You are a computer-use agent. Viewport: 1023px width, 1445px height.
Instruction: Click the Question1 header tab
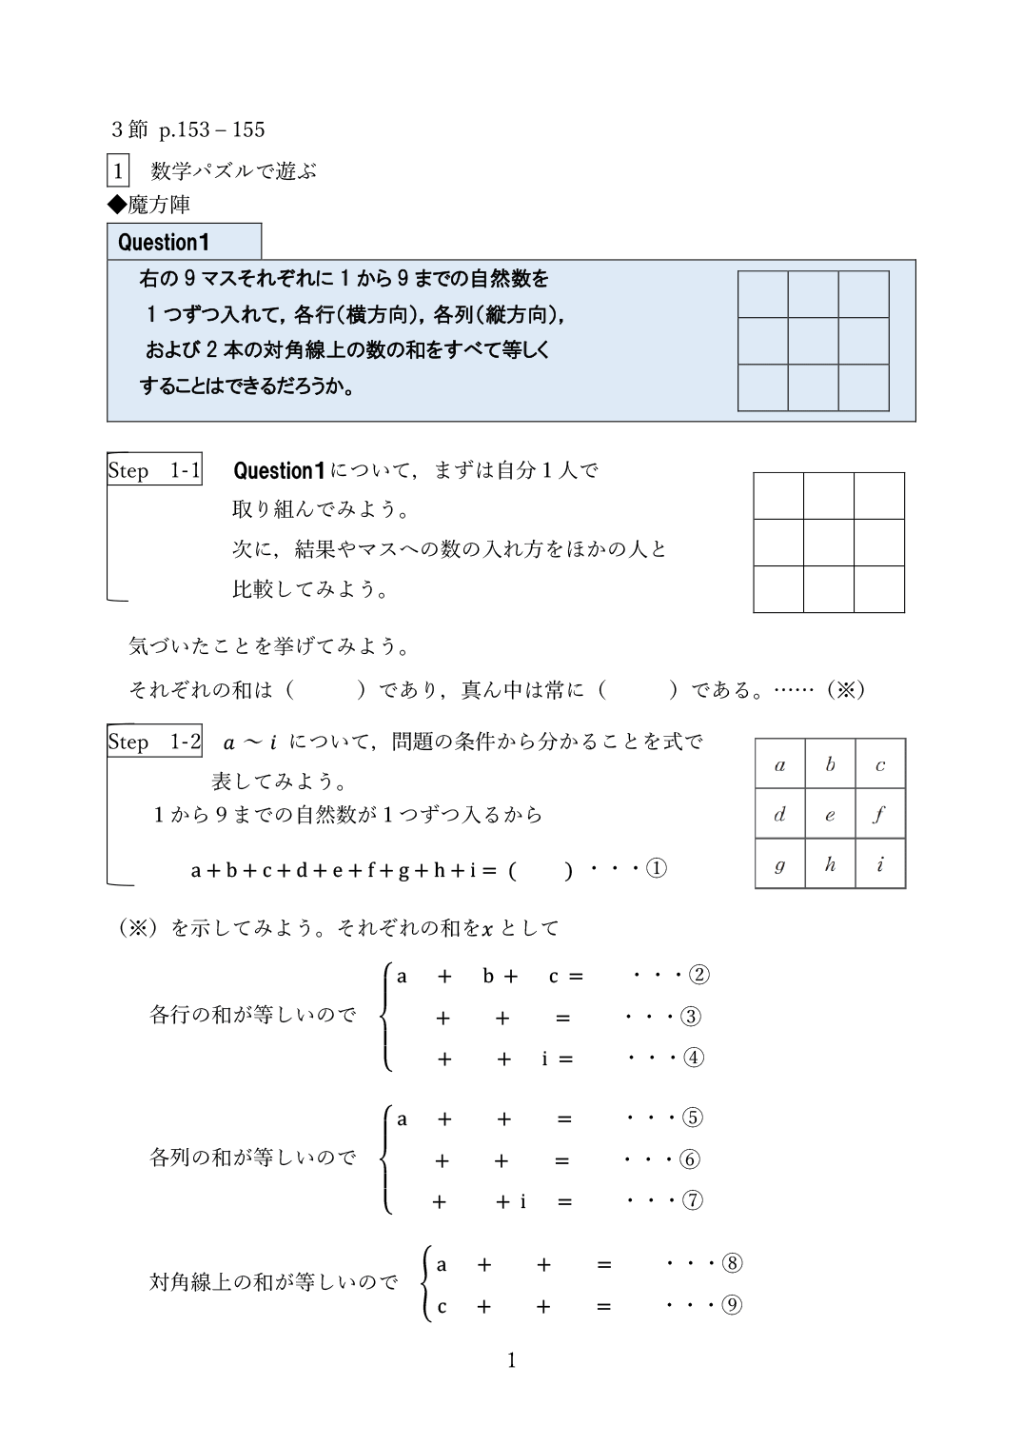click(x=184, y=242)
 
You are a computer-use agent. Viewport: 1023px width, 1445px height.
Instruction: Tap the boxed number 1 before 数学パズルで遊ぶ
click(x=118, y=171)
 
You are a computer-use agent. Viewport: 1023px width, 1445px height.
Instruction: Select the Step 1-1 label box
click(x=154, y=469)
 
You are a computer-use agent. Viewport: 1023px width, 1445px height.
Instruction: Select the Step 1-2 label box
click(x=154, y=742)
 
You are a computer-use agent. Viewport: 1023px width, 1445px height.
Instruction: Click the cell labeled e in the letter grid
click(x=830, y=814)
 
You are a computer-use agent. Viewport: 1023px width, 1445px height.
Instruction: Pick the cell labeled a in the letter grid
click(x=780, y=763)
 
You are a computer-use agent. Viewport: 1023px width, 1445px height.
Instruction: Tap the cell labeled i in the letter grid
click(x=880, y=863)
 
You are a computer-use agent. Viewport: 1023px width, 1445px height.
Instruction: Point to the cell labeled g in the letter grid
click(x=780, y=863)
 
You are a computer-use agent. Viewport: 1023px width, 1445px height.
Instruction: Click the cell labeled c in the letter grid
click(x=880, y=763)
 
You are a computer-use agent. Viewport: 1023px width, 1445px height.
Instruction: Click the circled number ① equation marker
click(x=657, y=868)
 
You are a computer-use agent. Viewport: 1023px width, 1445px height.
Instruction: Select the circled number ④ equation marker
click(x=694, y=1058)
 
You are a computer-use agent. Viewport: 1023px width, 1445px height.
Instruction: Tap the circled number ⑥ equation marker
click(x=690, y=1159)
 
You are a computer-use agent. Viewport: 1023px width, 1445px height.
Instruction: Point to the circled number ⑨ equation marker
click(x=732, y=1305)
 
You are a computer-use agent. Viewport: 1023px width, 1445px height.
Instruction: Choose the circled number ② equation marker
click(x=699, y=975)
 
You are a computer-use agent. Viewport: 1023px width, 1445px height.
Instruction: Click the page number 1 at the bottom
click(x=511, y=1359)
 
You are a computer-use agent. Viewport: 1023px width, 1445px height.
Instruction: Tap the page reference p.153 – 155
click(x=212, y=129)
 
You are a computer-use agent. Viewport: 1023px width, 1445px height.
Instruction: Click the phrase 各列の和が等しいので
click(x=252, y=1158)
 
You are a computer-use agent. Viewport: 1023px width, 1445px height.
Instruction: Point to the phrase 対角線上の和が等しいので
click(x=273, y=1282)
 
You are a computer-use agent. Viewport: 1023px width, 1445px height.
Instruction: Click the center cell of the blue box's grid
click(x=813, y=341)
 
